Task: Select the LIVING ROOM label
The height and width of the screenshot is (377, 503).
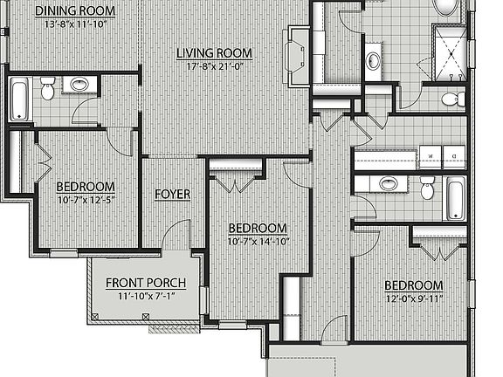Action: [x=214, y=53]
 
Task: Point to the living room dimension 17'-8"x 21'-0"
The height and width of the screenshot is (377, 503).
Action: [x=214, y=65]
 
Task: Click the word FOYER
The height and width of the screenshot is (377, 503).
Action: [x=173, y=193]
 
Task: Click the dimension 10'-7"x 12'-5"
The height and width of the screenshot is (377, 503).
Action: [x=86, y=200]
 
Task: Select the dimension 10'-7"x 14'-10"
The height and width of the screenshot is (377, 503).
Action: [x=258, y=241]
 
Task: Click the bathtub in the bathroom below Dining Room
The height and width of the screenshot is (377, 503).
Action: [x=19, y=99]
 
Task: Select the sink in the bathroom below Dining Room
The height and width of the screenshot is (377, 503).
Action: [x=79, y=86]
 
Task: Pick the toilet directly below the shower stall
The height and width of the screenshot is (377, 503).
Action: [x=451, y=99]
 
